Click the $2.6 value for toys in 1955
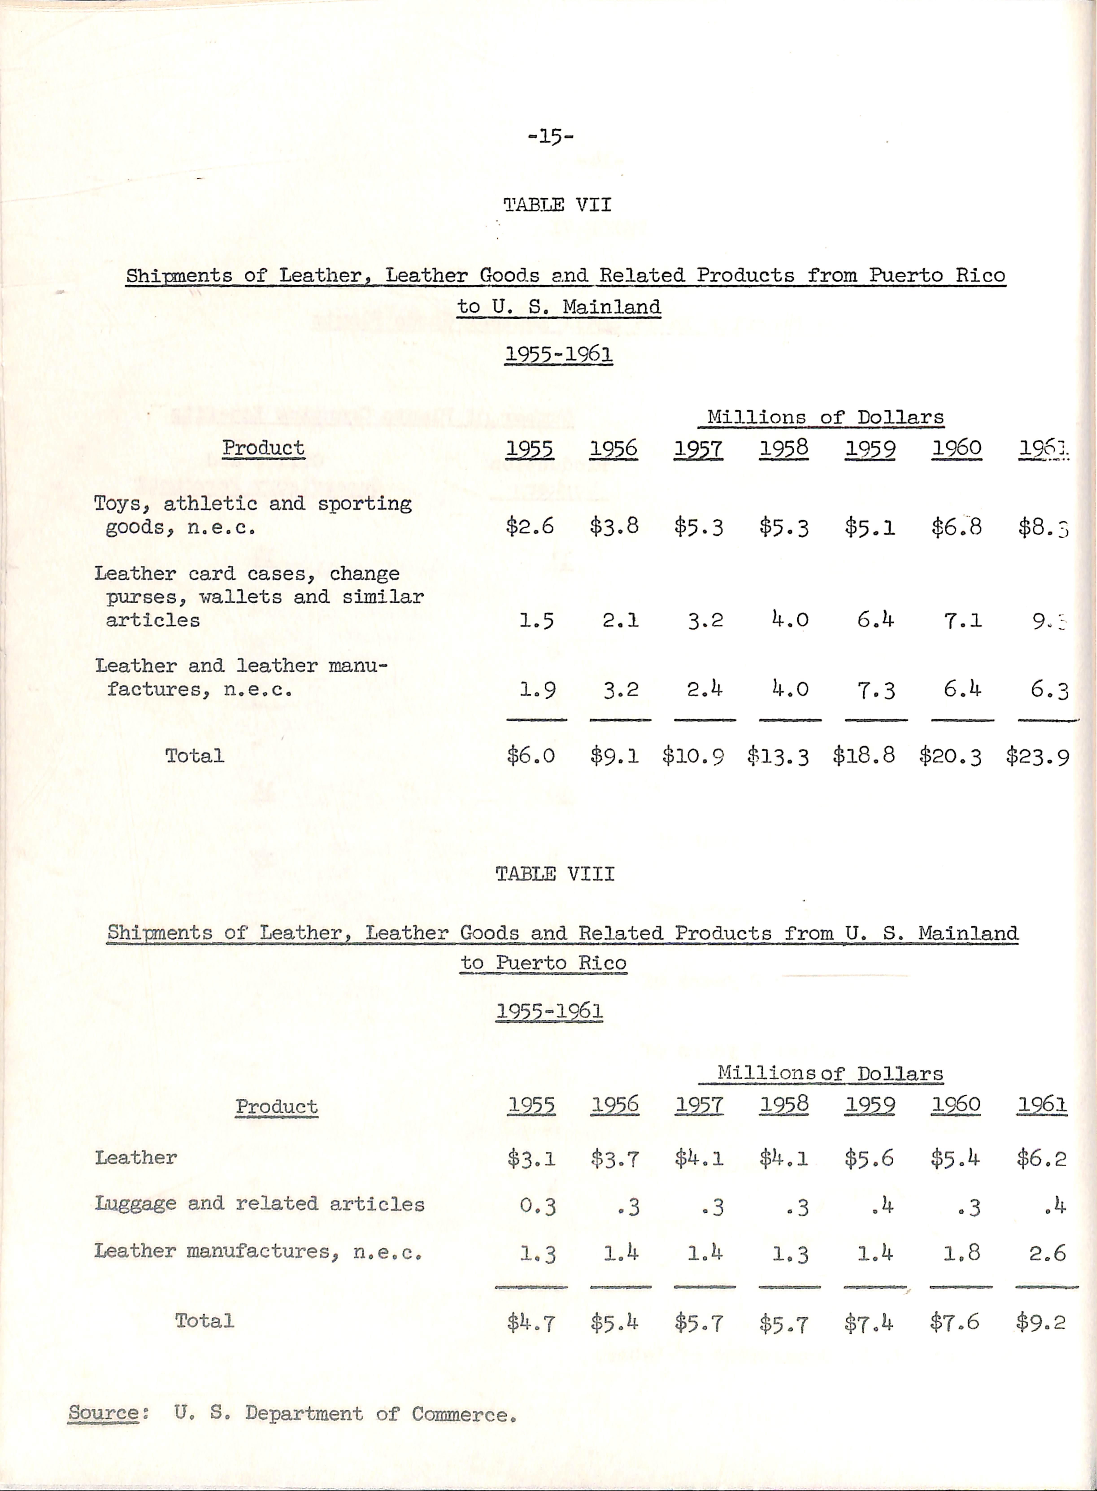tap(529, 527)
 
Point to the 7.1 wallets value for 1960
tap(962, 620)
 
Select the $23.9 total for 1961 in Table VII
tap(1037, 756)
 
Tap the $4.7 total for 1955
tap(531, 1322)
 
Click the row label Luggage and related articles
tap(259, 1204)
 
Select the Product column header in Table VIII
tap(276, 1106)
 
